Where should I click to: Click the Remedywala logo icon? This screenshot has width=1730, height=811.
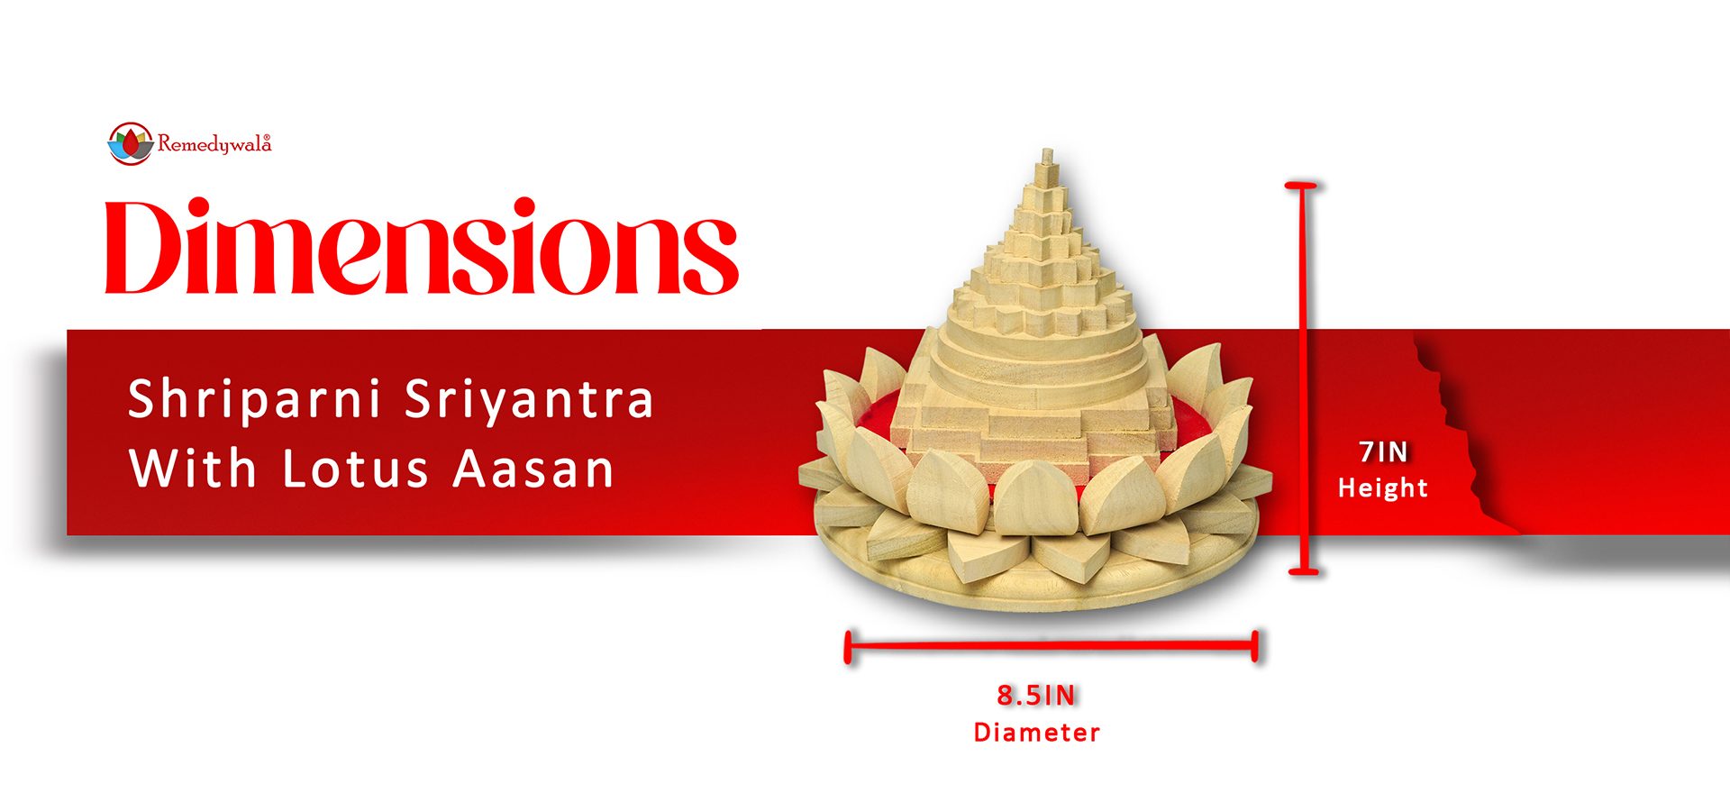point(130,143)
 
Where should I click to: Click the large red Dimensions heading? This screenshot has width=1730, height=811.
point(422,246)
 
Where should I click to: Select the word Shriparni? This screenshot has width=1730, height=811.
point(254,399)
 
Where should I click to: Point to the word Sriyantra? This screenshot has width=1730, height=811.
point(529,399)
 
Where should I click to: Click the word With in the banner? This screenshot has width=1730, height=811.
point(193,469)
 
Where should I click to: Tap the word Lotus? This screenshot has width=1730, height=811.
point(356,469)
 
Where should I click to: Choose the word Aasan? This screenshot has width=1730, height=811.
point(533,469)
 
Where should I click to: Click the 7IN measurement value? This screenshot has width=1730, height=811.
point(1383,451)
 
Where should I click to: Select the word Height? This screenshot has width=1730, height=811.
point(1383,488)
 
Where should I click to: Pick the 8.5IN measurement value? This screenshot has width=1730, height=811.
point(1036,695)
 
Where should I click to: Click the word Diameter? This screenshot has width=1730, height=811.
point(1036,732)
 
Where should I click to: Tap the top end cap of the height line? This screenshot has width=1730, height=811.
point(1301,186)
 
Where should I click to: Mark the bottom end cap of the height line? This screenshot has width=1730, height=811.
point(1304,570)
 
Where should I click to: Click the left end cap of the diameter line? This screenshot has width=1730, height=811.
point(848,646)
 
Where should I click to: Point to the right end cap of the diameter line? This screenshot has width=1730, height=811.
point(1255,646)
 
